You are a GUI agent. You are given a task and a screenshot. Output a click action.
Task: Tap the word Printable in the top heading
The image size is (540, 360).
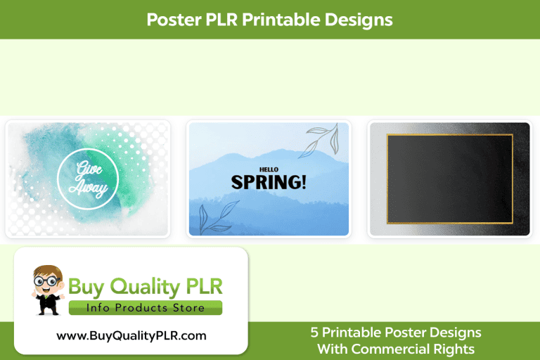282,20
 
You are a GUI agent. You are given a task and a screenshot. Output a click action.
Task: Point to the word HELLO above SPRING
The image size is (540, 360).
269,169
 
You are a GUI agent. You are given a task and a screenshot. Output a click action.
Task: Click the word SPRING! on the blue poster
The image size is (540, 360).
269,182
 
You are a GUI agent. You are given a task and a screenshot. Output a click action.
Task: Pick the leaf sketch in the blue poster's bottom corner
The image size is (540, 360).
211,217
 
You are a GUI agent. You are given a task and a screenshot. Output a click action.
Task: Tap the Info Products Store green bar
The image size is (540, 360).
146,308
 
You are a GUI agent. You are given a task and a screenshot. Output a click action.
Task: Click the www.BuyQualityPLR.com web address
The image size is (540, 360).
131,335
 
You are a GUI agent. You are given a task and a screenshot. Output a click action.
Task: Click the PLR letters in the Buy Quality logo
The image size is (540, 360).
204,287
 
